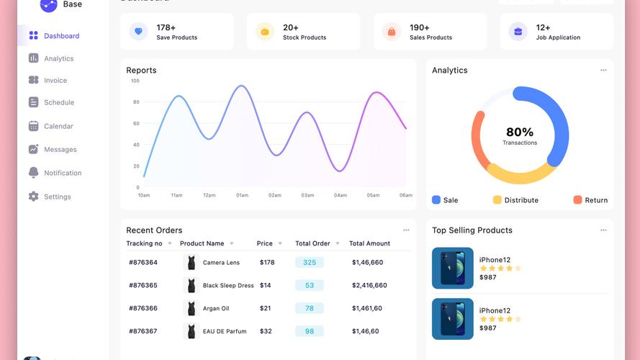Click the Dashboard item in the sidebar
tap(61, 36)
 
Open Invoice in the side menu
tap(55, 81)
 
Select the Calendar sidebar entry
tap(58, 126)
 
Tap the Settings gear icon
tap(33, 197)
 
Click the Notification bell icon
tap(33, 173)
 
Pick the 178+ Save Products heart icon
tap(138, 32)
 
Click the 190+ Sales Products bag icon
tap(392, 32)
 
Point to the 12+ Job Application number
tap(543, 27)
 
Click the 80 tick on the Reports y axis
tap(136, 102)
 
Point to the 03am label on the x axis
tap(307, 195)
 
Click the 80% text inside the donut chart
tap(520, 132)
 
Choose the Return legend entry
tap(595, 200)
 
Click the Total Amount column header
tap(369, 243)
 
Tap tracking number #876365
tap(143, 285)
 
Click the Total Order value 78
tap(310, 308)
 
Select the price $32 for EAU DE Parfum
tap(266, 331)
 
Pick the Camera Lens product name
tap(221, 263)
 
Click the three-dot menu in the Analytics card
tap(603, 70)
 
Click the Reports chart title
tap(141, 71)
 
